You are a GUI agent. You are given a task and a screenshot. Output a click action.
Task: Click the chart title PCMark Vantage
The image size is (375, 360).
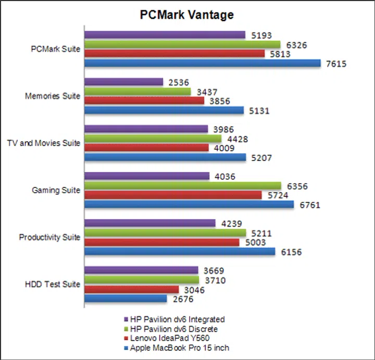coord(187,15)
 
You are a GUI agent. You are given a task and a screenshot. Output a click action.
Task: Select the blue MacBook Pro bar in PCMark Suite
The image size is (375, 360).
coord(203,64)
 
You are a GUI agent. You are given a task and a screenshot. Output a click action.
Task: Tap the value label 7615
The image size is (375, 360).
coord(336,64)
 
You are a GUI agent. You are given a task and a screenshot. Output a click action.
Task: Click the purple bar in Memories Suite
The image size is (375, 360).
coord(123,82)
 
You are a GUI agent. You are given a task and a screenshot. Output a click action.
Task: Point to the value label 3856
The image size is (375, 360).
coord(219,101)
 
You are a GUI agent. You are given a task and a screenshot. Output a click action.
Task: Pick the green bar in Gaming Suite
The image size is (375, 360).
coord(182,185)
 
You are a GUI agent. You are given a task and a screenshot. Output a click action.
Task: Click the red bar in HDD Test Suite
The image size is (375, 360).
coord(131,289)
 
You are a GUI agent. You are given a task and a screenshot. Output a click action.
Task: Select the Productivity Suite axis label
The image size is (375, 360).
coord(49,238)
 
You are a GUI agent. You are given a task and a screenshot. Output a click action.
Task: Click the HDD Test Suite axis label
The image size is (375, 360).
coord(53,284)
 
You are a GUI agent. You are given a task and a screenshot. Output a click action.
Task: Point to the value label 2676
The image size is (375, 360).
coord(182,299)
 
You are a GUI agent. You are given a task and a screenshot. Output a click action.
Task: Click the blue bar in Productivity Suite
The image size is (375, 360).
coord(180,252)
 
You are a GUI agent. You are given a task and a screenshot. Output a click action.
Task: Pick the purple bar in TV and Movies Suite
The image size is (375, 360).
coord(146,129)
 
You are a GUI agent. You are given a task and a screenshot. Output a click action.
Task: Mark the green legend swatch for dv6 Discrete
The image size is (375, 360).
coord(127,329)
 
